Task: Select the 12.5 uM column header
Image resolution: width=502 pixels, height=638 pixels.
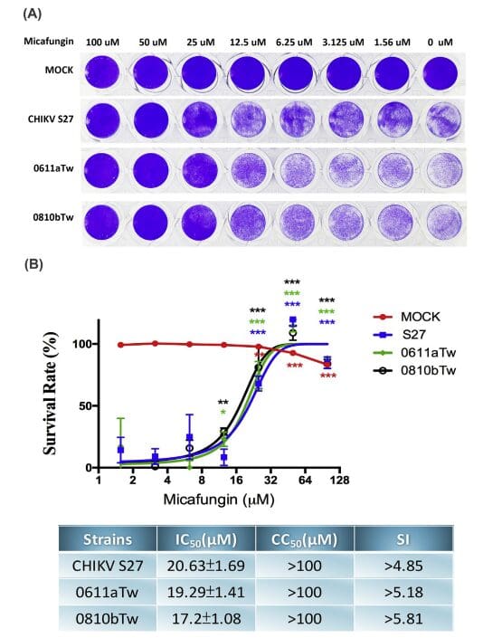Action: click(247, 43)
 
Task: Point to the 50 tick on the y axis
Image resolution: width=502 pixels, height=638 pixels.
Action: click(83, 406)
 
